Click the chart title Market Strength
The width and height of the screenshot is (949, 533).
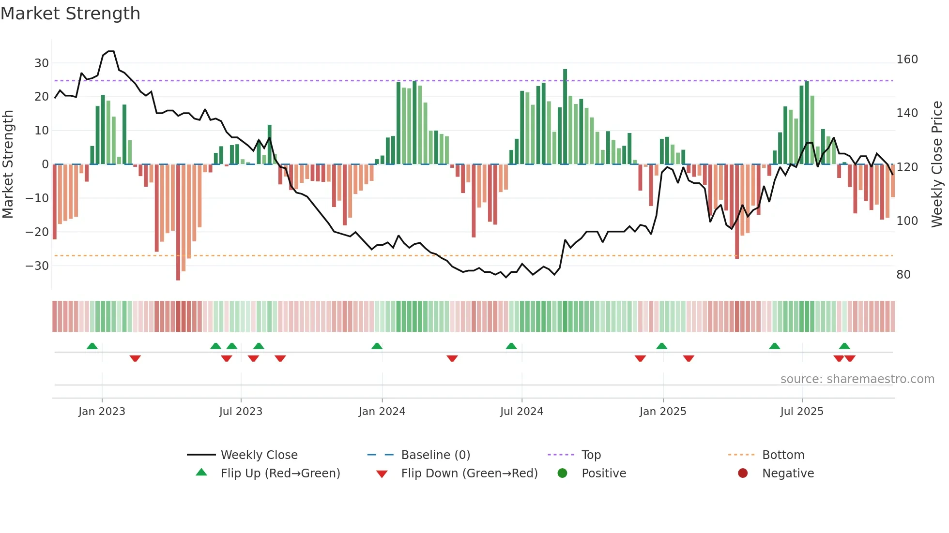point(70,14)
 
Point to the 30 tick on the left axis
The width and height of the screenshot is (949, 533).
point(42,63)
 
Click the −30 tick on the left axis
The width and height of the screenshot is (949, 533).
point(38,266)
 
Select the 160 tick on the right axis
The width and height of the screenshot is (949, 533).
point(907,59)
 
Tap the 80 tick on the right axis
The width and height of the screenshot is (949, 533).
point(903,274)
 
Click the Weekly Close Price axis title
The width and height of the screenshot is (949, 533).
point(937,164)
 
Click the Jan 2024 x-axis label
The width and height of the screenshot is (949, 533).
point(382,412)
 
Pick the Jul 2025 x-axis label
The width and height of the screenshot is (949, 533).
point(802,412)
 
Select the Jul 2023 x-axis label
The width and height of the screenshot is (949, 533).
point(241,412)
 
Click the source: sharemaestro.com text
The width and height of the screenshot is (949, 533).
point(857,379)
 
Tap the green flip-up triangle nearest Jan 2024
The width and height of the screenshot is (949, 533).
point(377,346)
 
